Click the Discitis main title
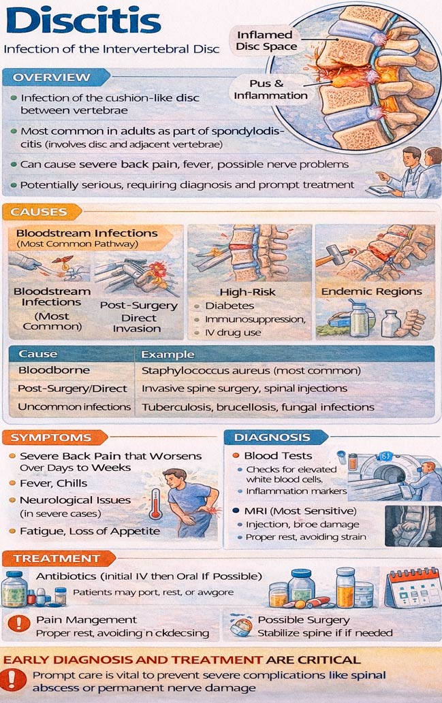pyautogui.click(x=84, y=21)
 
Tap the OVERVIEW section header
pyautogui.click(x=51, y=77)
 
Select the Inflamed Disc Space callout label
pyautogui.click(x=266, y=40)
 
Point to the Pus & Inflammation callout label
pyautogui.click(x=270, y=89)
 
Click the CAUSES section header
pyautogui.click(x=39, y=212)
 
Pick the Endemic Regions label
pyautogui.click(x=372, y=291)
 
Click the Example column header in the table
pyautogui.click(x=168, y=354)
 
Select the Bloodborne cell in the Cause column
pyautogui.click(x=54, y=370)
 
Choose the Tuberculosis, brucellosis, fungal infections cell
pyautogui.click(x=258, y=407)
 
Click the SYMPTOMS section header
pyautogui.click(x=50, y=437)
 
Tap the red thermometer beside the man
pyautogui.click(x=156, y=504)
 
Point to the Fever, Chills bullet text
pyautogui.click(x=53, y=483)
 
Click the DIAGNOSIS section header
pyautogui.click(x=272, y=437)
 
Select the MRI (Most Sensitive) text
pyautogui.click(x=300, y=511)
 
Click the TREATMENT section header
pyautogui.click(x=56, y=558)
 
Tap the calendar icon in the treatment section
pyautogui.click(x=412, y=587)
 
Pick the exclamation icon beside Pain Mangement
pyautogui.click(x=19, y=623)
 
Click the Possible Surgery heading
pyautogui.click(x=304, y=620)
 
